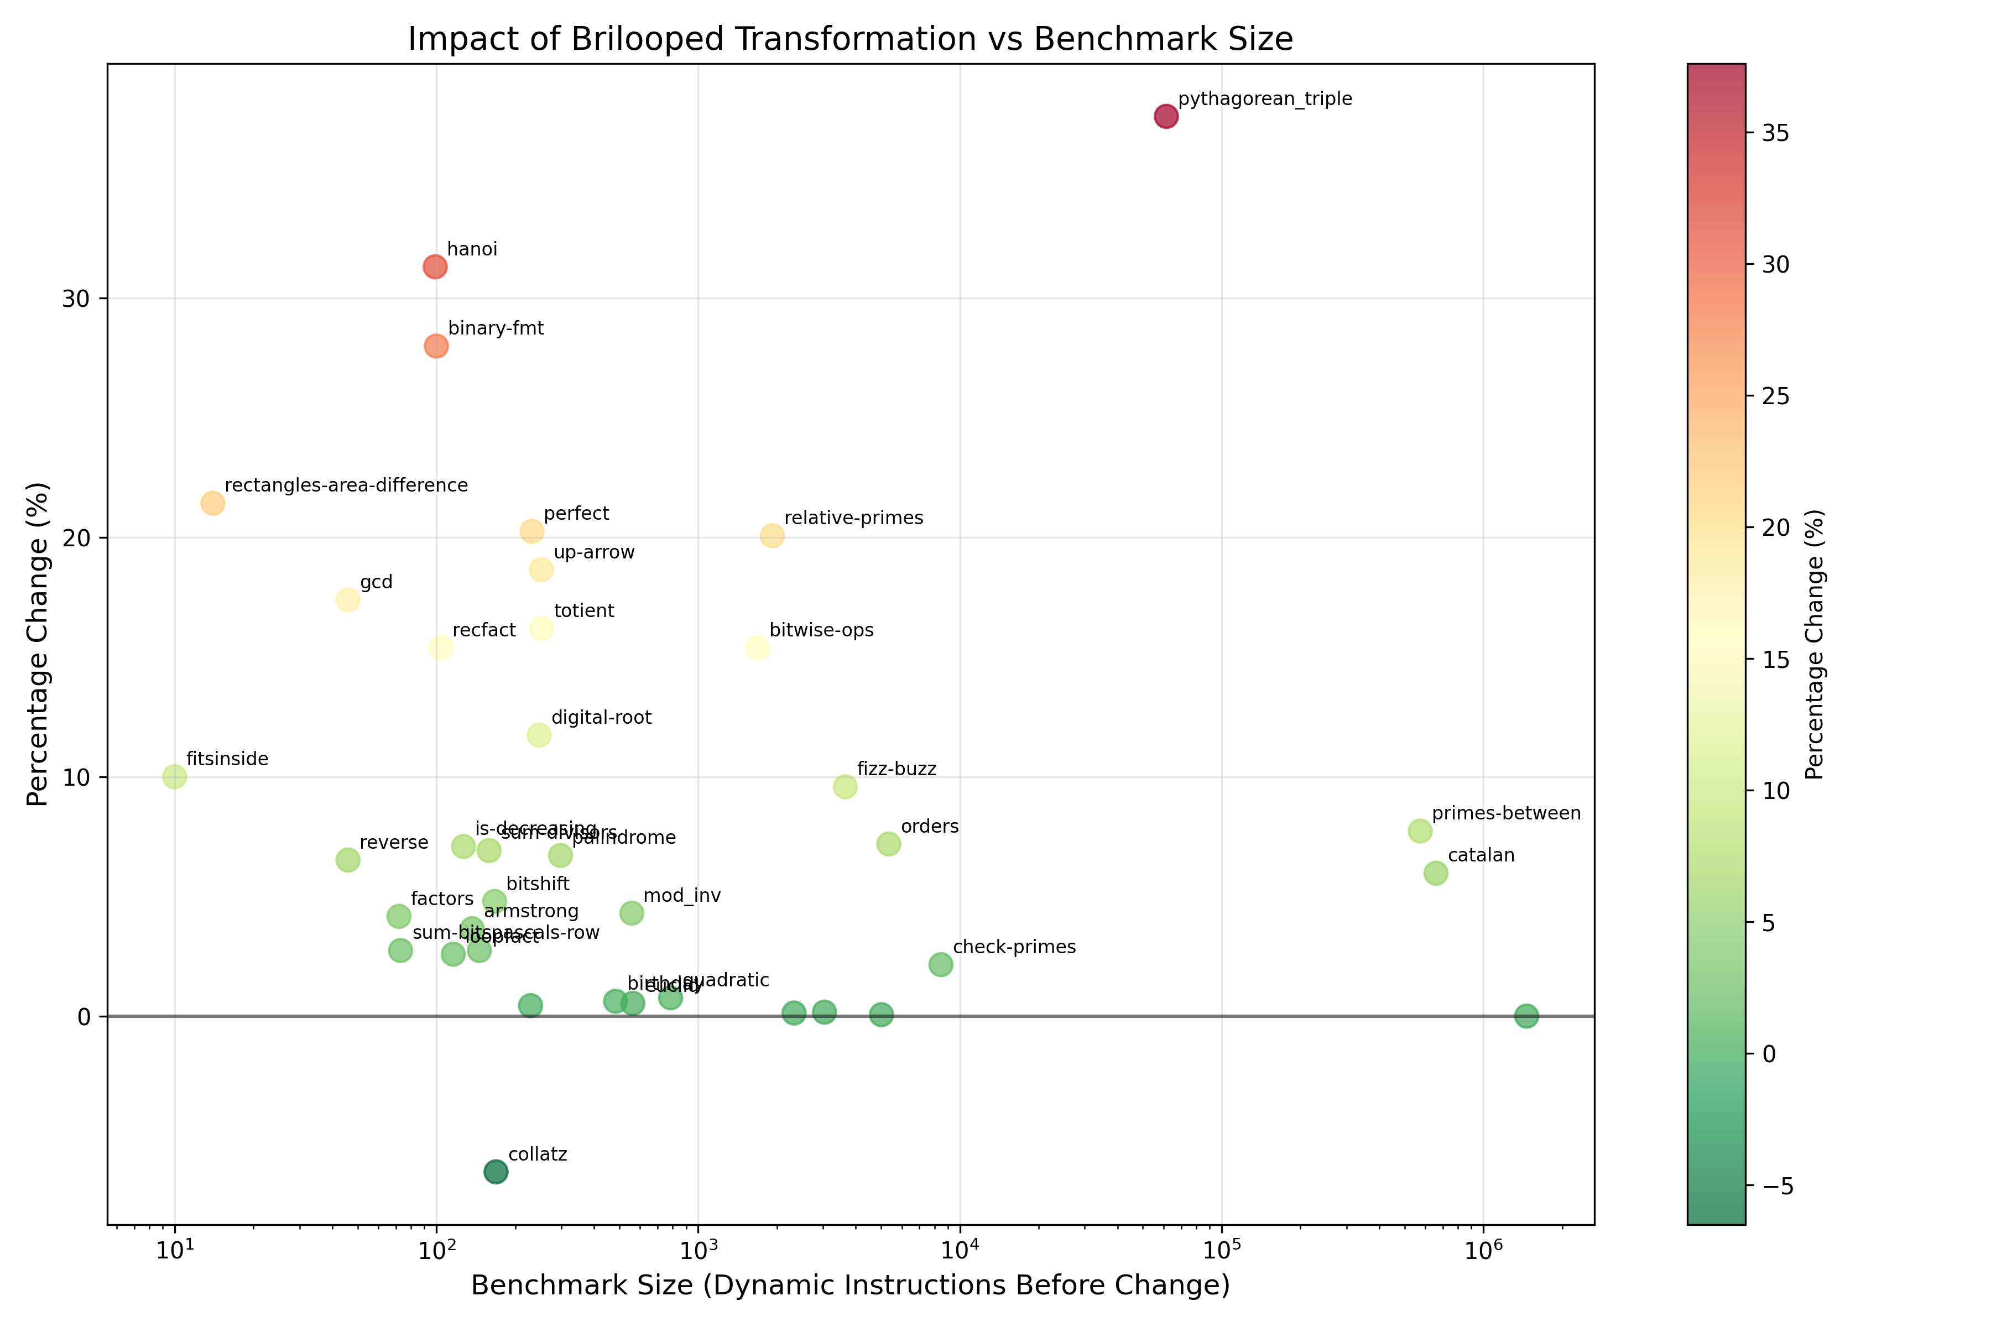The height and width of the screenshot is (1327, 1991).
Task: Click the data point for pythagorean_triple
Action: point(1166,116)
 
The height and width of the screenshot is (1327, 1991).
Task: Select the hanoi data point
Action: point(435,267)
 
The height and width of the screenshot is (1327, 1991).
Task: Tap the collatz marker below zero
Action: point(496,1171)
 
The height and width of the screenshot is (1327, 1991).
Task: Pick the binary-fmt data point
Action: point(436,346)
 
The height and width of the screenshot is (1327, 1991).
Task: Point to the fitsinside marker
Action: point(174,776)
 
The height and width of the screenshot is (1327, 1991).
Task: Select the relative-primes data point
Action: point(772,536)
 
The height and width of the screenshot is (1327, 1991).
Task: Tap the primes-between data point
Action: point(1420,831)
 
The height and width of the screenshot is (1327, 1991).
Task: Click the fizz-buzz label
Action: point(897,769)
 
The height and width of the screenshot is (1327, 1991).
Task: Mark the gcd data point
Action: point(348,599)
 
